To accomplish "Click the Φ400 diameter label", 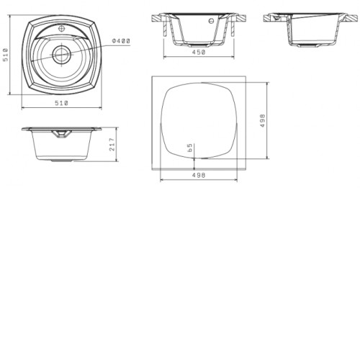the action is point(121,41).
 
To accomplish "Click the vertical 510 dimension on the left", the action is point(5,55).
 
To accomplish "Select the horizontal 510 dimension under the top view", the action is point(62,103).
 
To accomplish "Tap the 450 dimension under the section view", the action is point(199,52).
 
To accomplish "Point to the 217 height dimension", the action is point(112,144).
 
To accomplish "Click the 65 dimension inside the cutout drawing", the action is point(189,148).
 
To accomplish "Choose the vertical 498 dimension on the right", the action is point(263,120).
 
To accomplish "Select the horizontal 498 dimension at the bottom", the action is point(199,175).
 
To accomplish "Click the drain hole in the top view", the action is point(62,55).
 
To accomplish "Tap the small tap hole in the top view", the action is point(62,29).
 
